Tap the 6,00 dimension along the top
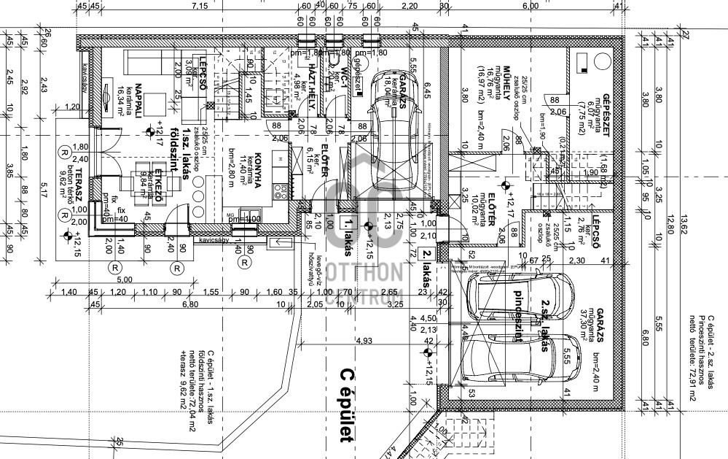[x=530, y=6]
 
